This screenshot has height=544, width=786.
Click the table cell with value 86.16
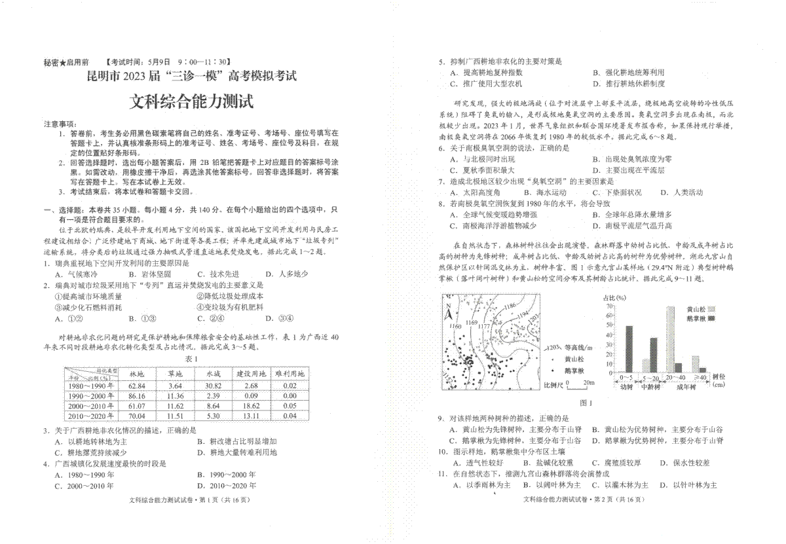(137, 396)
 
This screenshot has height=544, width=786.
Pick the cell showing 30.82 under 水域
(213, 386)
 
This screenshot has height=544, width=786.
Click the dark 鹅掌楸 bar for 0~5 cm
(629, 349)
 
